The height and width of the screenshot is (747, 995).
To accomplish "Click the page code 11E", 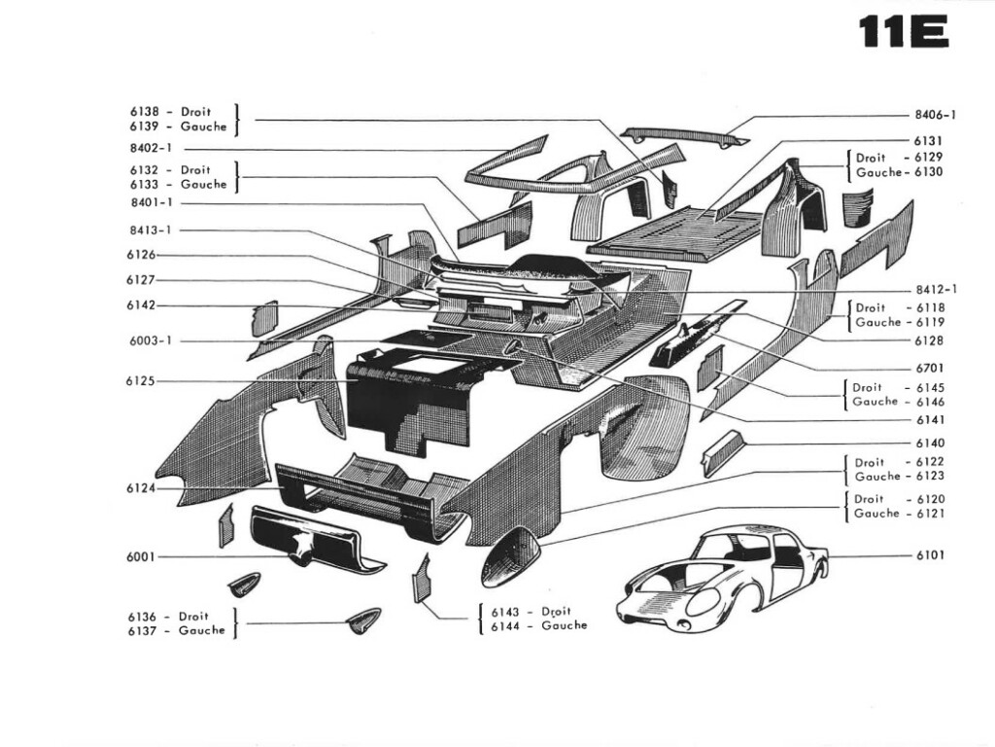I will point(904,31).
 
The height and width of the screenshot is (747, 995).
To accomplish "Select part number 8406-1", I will point(935,114).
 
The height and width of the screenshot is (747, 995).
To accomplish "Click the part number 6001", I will point(140,557).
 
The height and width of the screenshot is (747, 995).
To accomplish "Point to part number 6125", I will point(140,381).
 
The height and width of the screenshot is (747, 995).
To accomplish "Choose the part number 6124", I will point(140,488).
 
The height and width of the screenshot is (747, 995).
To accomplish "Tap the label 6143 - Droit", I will point(531,612).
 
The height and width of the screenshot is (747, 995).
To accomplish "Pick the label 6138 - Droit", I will point(169,112).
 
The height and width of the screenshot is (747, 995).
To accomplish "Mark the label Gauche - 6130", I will point(899,172).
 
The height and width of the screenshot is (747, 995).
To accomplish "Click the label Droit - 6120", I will point(898,499).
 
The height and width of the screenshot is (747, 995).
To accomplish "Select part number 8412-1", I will point(936,289).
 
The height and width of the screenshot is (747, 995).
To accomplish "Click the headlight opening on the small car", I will point(703,601).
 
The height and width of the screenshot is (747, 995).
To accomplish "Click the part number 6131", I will point(928,141).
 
